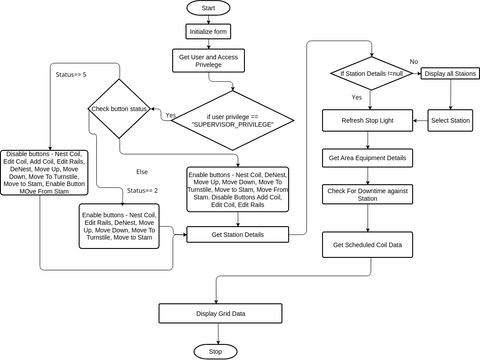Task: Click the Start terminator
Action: pyautogui.click(x=208, y=8)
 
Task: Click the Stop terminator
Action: pyautogui.click(x=215, y=352)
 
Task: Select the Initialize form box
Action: pyautogui.click(x=208, y=31)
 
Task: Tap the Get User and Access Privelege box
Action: pyautogui.click(x=208, y=62)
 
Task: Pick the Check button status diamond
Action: pyautogui.click(x=121, y=108)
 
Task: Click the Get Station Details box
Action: pyautogui.click(x=237, y=234)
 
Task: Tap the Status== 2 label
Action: pyautogui.click(x=143, y=189)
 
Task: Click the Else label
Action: pyautogui.click(x=142, y=171)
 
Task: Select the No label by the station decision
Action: pyautogui.click(x=414, y=62)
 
